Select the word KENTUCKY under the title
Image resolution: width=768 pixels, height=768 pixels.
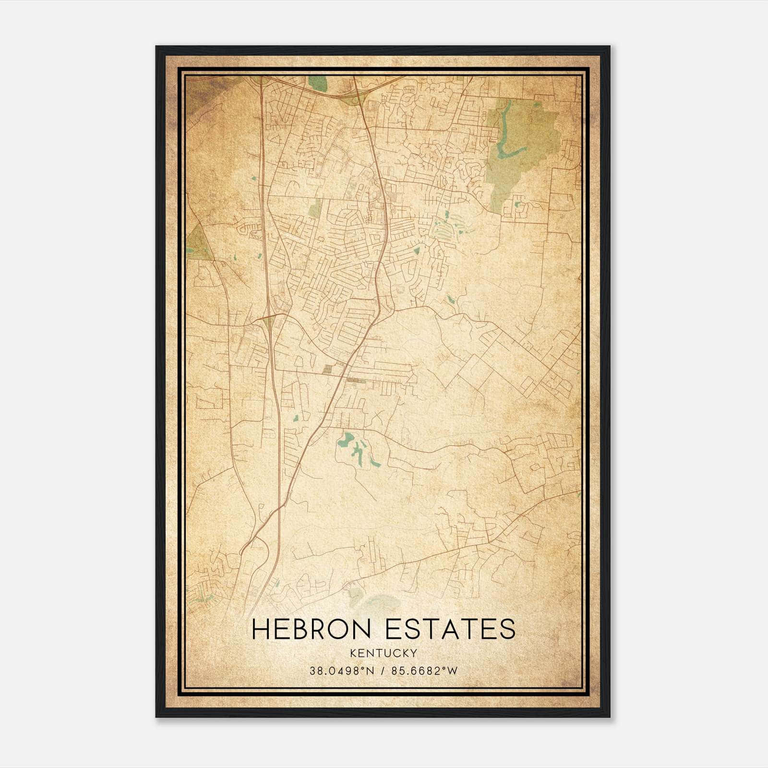[384, 653]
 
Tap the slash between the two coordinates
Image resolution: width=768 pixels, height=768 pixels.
[383, 671]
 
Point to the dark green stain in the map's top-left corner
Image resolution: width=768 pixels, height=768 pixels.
[199, 94]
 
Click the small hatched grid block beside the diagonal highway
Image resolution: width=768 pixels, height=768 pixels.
[328, 370]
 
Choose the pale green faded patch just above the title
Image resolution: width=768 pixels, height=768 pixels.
[379, 602]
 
